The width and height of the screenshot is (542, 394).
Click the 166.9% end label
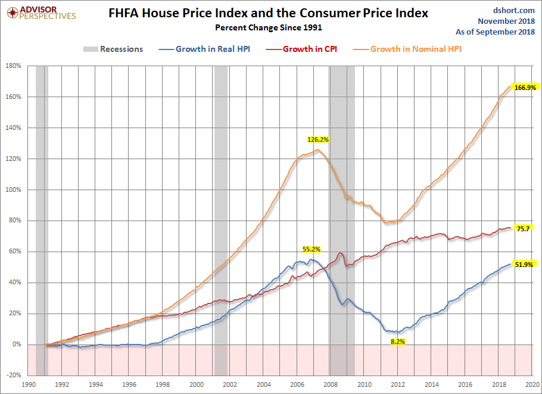pos(525,88)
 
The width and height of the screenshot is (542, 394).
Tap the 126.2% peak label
pos(318,139)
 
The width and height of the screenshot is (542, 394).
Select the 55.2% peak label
pos(312,249)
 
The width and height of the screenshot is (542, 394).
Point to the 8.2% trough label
pos(398,342)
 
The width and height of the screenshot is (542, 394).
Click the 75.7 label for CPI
pos(523,229)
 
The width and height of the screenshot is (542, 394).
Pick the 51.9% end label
pos(524,265)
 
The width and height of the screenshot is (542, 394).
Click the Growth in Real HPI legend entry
pos(204,49)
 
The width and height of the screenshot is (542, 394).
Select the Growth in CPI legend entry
pos(301,49)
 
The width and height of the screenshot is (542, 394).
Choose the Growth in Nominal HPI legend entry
pos(407,49)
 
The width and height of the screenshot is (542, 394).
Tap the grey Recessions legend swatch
pos(91,49)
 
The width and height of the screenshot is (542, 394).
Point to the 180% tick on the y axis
pos(14,66)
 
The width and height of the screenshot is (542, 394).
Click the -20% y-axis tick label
pos(14,376)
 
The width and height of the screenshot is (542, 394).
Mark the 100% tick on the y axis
pos(14,190)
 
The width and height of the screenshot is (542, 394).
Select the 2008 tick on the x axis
pos(330,384)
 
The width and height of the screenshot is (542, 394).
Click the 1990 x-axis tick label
pos(29,384)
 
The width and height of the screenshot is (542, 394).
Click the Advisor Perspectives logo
pos(41,13)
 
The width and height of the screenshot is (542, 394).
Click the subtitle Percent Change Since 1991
pos(269,27)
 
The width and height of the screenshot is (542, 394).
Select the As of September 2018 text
pos(495,32)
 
